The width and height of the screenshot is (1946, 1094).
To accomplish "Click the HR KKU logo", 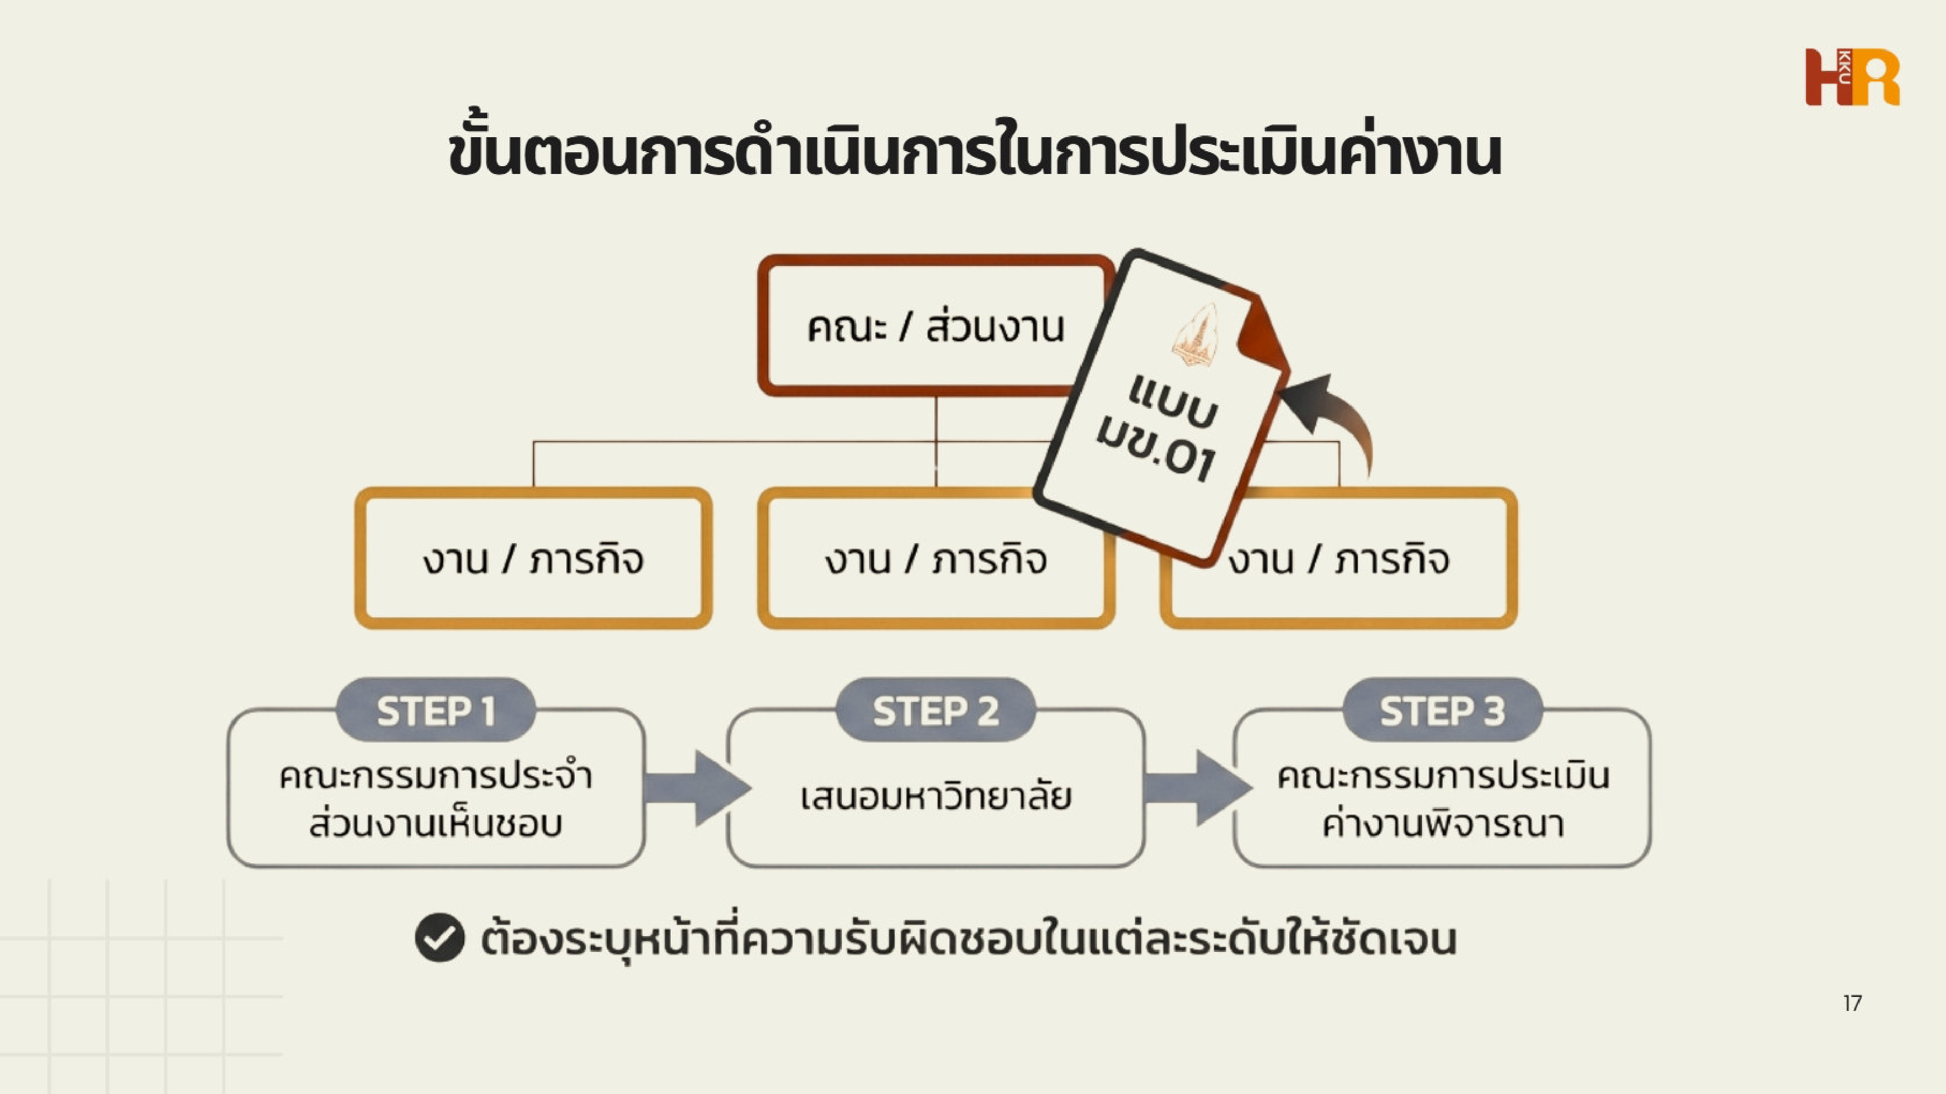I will coord(1852,77).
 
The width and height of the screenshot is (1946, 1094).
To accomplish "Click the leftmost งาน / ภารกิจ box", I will coord(533,560).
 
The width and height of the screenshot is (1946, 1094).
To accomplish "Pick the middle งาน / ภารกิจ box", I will coord(935,560).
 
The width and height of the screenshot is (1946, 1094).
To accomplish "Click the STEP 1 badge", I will coord(436,710).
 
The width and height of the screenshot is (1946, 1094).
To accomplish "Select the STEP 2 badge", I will coord(935,710).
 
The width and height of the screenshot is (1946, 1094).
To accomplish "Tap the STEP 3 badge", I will coord(1442,710).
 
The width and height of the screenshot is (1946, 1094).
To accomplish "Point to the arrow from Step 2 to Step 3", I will coord(1197,788).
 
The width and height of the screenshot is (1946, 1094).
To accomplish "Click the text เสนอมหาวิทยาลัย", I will coord(935,797).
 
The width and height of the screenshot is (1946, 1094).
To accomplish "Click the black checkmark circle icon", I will coord(440,938).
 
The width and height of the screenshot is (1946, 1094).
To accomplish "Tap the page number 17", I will coord(1852,1003).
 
